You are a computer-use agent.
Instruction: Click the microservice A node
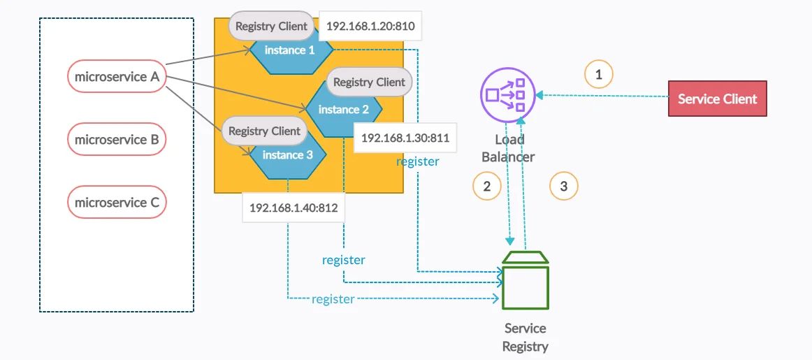tap(116, 77)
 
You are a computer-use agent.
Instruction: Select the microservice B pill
tap(116, 140)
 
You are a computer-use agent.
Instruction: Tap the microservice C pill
tap(116, 203)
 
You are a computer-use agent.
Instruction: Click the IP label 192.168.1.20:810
tap(370, 27)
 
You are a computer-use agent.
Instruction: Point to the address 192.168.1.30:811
tap(405, 138)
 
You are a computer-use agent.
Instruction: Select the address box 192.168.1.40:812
tap(293, 208)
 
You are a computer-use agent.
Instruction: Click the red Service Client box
tap(718, 99)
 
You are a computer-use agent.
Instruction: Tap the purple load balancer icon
tap(508, 94)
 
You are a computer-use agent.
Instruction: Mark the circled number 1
tap(598, 73)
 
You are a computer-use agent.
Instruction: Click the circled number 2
tap(487, 185)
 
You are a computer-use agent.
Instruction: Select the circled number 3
tap(564, 185)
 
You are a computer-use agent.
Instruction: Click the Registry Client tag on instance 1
tap(271, 27)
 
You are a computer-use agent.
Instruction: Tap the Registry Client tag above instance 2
tap(369, 82)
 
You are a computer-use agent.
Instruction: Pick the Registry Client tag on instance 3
tap(264, 131)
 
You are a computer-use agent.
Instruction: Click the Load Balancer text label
tap(509, 148)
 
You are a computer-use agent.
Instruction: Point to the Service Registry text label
tap(525, 337)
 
